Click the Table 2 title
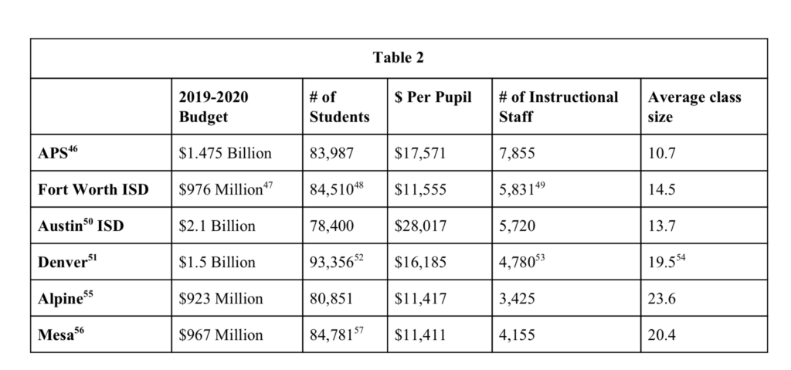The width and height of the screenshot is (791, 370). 398,57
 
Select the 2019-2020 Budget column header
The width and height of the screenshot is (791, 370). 212,107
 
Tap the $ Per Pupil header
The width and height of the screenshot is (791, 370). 432,97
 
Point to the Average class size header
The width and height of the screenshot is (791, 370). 694,107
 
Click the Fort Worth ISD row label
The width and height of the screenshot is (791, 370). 93,189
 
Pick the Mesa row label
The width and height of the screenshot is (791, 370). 59,334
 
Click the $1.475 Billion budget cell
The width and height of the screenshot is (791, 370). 225,153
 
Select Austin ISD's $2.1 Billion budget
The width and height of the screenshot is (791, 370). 216,226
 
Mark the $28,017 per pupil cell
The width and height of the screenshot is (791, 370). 419,226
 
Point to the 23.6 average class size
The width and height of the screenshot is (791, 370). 662,298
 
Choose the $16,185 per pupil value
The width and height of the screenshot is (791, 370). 419,262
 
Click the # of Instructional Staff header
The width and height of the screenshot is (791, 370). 558,107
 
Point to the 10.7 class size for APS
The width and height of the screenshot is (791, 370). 662,153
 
